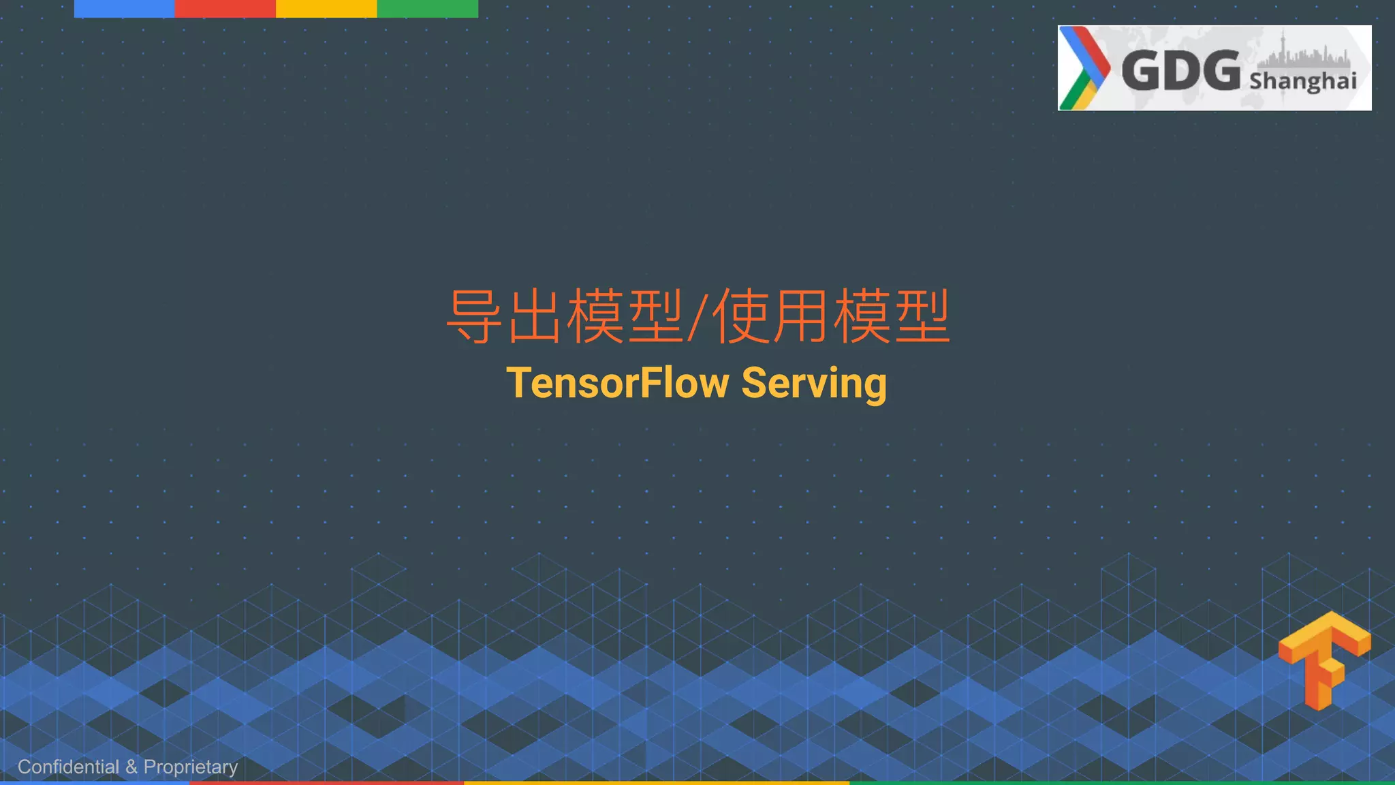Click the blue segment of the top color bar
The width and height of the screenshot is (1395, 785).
pos(125,8)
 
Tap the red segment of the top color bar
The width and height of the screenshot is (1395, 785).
pos(225,8)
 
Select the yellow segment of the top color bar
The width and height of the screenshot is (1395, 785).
pos(326,8)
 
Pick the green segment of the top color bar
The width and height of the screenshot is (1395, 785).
pos(427,8)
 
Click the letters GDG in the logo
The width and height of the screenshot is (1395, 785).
pos(1180,70)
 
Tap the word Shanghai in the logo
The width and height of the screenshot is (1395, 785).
pos(1302,81)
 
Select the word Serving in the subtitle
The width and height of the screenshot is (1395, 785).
pos(814,383)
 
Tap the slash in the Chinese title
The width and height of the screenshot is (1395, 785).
pos(697,317)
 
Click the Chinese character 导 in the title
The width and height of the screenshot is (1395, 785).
pos(474,316)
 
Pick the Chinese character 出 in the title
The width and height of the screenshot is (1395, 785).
pos(535,316)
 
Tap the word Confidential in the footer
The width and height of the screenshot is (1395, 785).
pos(68,767)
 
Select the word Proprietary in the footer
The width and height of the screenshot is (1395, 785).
pos(191,767)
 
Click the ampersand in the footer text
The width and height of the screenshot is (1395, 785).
pos(131,767)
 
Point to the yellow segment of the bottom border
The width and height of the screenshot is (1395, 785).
pos(657,783)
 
